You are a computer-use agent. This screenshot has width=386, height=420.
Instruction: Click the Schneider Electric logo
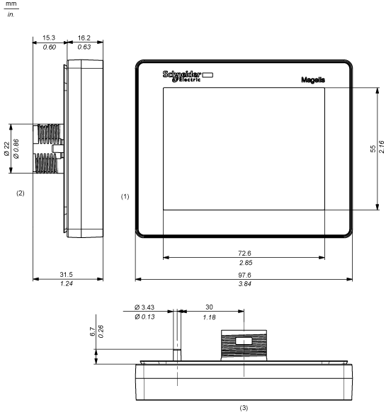coord(182,76)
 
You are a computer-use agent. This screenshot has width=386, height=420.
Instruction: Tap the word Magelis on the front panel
coord(313,80)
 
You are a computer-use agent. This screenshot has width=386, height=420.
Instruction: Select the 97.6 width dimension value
coord(244,275)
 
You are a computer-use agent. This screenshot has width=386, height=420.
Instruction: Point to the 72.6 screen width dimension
coord(244,253)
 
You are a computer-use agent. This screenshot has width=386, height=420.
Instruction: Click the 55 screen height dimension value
coord(373,149)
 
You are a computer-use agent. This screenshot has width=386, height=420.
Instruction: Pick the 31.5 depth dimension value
coord(66,275)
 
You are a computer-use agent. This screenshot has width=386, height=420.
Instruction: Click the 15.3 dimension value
coord(49,38)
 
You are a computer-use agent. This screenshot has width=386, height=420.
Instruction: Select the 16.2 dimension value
coord(84,38)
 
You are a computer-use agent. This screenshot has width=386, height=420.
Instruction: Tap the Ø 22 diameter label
coord(6,149)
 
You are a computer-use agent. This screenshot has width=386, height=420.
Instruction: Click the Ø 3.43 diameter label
coord(144,307)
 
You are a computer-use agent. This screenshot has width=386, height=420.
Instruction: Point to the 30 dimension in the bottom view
coord(209,307)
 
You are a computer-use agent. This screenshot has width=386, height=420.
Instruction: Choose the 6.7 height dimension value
coord(92,331)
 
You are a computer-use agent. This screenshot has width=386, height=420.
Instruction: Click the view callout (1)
coord(125,197)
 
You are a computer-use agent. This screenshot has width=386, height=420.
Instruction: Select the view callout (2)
coord(21,193)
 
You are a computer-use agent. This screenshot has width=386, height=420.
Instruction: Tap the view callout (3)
coord(244,408)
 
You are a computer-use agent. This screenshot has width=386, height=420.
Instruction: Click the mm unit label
coord(11,4)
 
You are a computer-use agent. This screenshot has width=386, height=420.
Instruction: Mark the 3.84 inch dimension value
coord(245,284)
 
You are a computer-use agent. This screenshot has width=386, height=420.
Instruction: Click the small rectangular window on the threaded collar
coord(244,341)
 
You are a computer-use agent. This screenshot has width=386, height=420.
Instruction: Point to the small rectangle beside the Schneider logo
coord(208,75)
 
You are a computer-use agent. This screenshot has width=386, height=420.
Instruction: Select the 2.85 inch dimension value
coord(246,263)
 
